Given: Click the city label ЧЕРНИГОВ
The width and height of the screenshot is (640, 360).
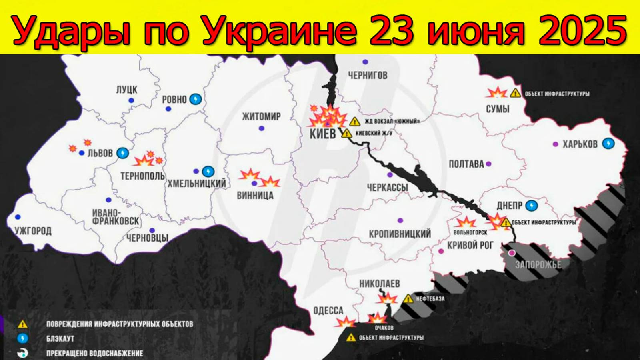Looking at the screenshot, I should [367, 75].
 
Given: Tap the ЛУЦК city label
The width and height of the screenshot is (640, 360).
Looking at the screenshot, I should [127, 90].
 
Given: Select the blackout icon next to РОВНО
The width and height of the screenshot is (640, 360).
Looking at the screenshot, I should [196, 99].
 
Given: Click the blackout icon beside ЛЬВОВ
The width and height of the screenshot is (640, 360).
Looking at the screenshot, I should [123, 153].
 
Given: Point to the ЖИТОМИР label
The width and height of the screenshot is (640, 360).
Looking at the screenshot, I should [261, 116].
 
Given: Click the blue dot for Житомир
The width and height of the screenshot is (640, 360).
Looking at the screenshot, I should [262, 128].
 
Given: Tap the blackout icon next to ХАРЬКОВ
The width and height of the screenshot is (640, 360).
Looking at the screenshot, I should [608, 143].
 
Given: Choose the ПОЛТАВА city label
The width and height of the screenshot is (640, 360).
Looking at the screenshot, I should [466, 164].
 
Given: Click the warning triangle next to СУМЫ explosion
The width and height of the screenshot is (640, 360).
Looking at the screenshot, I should [515, 93].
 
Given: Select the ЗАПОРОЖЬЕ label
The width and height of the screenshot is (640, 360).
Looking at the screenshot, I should [538, 264].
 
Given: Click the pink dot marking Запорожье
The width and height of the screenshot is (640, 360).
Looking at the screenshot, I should [512, 253].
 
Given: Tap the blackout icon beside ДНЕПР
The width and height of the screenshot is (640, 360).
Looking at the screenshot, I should [531, 206].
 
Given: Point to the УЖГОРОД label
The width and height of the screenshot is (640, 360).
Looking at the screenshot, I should [33, 231].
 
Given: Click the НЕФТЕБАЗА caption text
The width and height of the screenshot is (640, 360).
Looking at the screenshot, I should [430, 299].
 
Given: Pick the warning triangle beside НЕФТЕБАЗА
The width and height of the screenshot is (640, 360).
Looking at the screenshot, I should [408, 299].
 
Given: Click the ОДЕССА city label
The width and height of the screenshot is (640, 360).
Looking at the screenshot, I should [328, 310].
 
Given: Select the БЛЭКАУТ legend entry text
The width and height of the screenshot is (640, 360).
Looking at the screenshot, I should [60, 339].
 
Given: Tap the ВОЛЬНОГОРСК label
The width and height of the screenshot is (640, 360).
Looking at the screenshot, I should [470, 232].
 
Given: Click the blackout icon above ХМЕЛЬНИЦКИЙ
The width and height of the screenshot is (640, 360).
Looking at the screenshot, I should [208, 172].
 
